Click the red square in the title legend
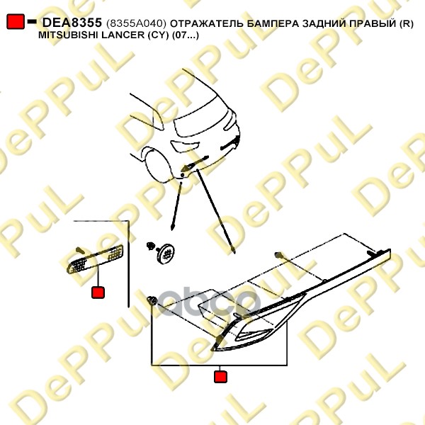tap(16, 21)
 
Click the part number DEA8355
tap(72, 23)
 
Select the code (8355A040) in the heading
tap(136, 23)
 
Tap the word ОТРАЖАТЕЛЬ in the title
tap(207, 23)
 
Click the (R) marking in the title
tap(407, 23)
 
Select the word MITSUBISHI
tap(68, 35)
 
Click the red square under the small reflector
tap(98, 292)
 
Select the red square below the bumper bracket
tap(220, 377)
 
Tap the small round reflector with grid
tap(166, 254)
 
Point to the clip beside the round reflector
tap(150, 246)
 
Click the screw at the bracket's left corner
tap(152, 300)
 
